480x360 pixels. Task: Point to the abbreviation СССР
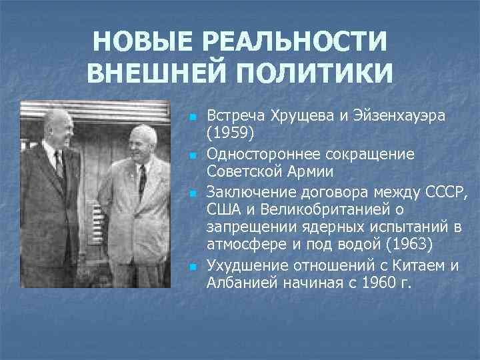point(447,193)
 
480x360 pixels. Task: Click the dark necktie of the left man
point(59,166)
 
